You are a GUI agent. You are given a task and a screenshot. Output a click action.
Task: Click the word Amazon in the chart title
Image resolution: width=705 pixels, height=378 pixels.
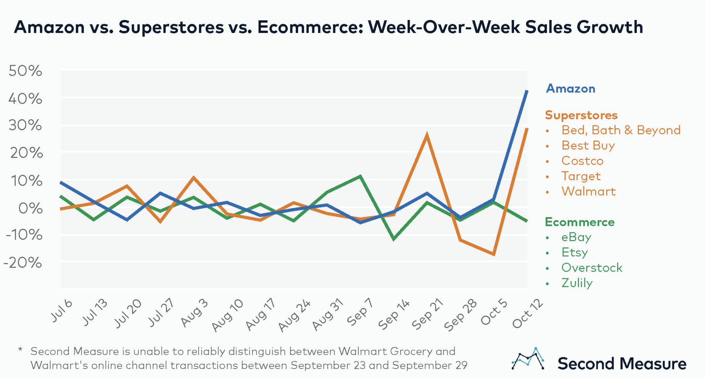(x=49, y=27)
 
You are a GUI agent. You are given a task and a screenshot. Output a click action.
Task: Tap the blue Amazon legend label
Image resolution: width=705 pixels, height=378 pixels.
(x=570, y=89)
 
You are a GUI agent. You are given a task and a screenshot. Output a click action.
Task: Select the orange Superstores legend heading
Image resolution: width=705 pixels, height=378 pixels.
(x=581, y=115)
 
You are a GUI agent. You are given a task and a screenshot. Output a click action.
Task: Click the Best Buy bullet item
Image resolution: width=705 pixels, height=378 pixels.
(x=588, y=145)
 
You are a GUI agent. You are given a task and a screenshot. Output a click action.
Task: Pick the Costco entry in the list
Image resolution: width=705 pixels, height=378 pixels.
(x=582, y=161)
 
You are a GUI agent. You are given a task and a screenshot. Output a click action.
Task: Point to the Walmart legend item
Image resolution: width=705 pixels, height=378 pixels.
(x=588, y=191)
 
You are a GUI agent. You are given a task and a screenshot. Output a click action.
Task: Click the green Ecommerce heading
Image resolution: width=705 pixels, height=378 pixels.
(x=579, y=222)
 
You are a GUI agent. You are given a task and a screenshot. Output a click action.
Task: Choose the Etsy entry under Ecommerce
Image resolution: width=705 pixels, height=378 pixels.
(x=574, y=252)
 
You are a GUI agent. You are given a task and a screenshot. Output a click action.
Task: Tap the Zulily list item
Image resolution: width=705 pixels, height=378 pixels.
(x=577, y=283)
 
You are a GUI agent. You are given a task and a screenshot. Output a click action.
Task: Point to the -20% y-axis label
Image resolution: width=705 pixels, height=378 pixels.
(x=23, y=263)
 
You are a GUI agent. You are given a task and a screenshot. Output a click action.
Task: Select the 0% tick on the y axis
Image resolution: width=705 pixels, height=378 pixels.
(x=30, y=208)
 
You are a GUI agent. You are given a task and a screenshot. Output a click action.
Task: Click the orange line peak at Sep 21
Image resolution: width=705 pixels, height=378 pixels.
(x=427, y=135)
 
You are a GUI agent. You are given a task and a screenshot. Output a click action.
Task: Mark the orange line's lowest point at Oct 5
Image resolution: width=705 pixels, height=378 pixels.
(x=494, y=254)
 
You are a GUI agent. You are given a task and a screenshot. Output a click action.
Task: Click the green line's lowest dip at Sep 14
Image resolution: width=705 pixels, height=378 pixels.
(x=393, y=239)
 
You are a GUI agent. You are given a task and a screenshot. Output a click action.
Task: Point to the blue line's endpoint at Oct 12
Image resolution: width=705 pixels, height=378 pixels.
(x=526, y=92)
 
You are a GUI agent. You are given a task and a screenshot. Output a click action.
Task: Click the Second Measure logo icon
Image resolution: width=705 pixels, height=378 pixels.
(x=528, y=359)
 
